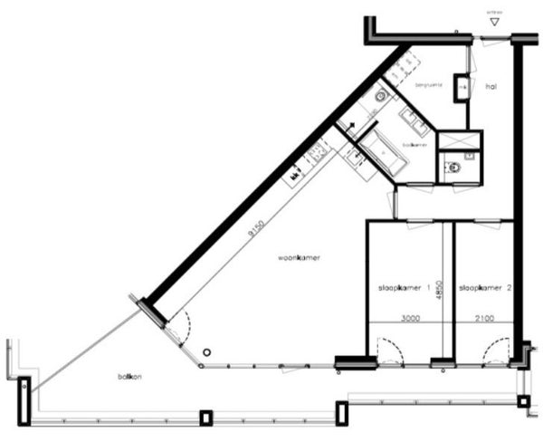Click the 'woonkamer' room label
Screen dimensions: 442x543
pyautogui.click(x=300, y=258)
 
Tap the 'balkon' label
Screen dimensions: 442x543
pyautogui.click(x=129, y=376)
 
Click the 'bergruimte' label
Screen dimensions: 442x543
pyautogui.click(x=427, y=85)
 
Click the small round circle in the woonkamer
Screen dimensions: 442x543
pyautogui.click(x=206, y=351)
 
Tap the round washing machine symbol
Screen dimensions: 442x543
pyautogui.click(x=381, y=95)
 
